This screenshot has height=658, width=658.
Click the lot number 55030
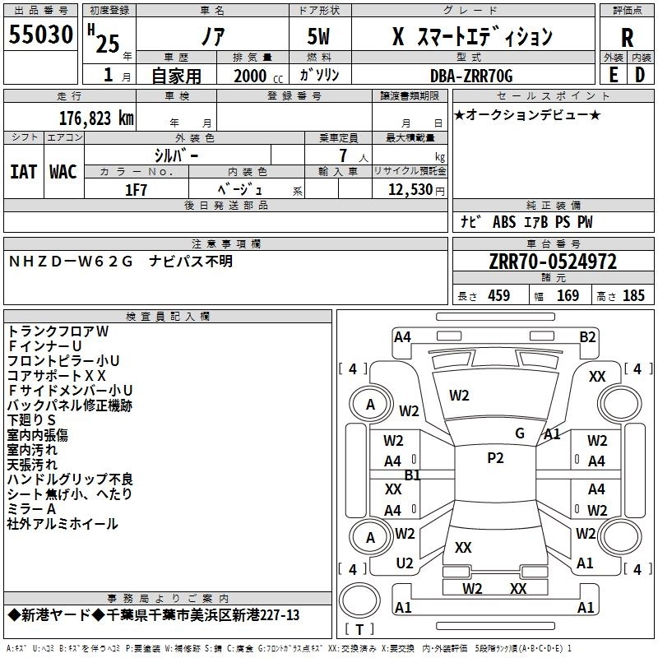(40, 35)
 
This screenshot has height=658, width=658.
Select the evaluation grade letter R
(627, 38)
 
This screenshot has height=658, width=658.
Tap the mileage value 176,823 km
(96, 118)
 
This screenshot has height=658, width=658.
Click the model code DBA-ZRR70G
(471, 76)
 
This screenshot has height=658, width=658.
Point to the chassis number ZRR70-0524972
(553, 262)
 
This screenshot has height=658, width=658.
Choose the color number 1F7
(136, 190)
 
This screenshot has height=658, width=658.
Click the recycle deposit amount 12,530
(410, 190)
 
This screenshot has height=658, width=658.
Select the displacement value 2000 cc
(258, 76)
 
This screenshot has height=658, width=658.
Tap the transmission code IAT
(23, 172)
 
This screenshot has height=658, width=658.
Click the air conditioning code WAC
(63, 172)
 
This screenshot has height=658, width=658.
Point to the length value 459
(499, 295)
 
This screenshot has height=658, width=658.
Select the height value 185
(633, 295)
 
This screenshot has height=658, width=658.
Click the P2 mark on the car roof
(495, 458)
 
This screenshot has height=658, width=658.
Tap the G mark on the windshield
(520, 433)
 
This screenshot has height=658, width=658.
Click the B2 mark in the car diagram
(587, 337)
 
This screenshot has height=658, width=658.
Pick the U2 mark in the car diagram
(405, 563)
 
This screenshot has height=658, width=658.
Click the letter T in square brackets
(359, 629)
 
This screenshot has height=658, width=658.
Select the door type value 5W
(318, 36)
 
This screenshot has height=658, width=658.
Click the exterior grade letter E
(613, 75)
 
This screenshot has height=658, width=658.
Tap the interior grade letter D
(640, 75)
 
